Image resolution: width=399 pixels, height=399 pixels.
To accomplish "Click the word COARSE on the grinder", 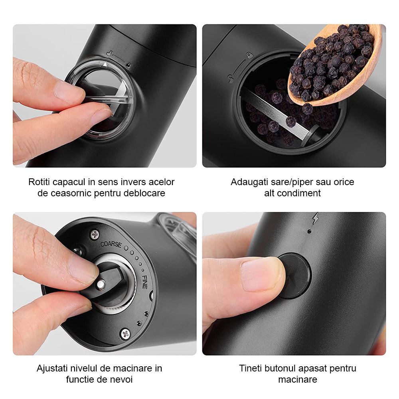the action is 111,244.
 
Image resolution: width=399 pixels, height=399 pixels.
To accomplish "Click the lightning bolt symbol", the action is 316,218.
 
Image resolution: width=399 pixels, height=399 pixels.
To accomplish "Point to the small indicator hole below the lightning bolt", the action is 310,231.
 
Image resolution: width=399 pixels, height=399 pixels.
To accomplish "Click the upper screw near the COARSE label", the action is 95,234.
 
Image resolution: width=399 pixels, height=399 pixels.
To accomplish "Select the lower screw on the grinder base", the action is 125,334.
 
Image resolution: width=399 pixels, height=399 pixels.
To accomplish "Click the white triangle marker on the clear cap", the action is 105,64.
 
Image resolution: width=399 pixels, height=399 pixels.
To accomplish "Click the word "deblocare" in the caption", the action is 144,193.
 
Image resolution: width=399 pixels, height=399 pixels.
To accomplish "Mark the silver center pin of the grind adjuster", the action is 101,284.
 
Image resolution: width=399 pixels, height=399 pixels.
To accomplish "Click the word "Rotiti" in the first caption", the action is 39,182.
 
